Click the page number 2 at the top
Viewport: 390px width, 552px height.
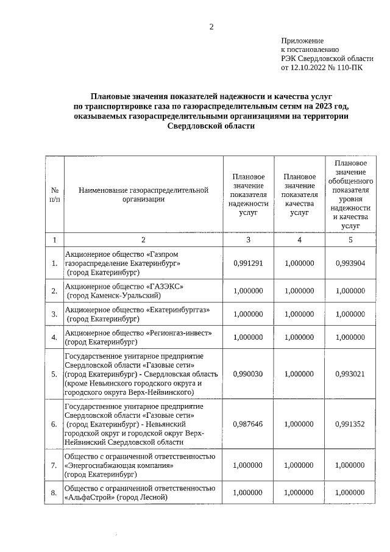point(211,26)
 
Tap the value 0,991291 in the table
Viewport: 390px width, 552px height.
point(248,263)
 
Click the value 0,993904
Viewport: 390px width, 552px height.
point(350,263)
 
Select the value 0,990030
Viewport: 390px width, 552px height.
point(248,373)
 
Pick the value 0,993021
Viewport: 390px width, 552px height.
point(350,373)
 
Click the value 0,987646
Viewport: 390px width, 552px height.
point(248,424)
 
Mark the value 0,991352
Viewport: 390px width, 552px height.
point(350,424)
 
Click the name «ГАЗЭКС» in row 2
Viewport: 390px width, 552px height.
point(165,286)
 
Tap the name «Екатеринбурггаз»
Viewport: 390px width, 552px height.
point(178,310)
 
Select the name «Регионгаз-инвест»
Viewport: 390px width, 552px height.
point(179,333)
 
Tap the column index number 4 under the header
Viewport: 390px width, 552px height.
point(299,240)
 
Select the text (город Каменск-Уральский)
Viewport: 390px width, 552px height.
point(114,295)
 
